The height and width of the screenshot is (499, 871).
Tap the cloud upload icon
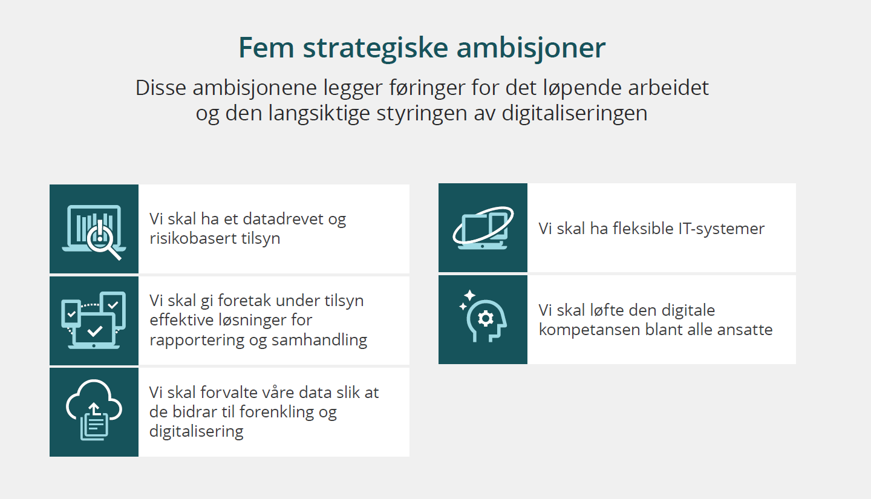(94, 409)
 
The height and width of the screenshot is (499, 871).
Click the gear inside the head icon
(486, 319)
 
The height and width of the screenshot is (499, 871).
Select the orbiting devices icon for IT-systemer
(483, 228)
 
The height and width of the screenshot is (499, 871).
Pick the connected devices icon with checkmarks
(94, 320)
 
